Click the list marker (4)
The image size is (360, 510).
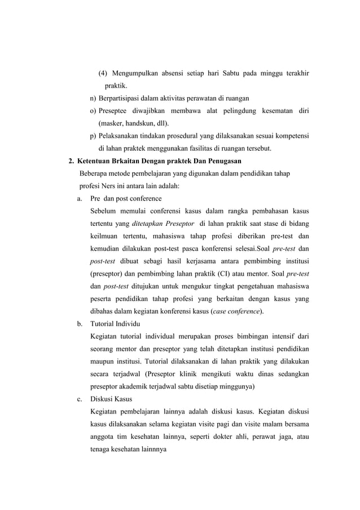[103, 73]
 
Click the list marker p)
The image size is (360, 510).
[94, 136]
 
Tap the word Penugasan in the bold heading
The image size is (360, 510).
[222, 161]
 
